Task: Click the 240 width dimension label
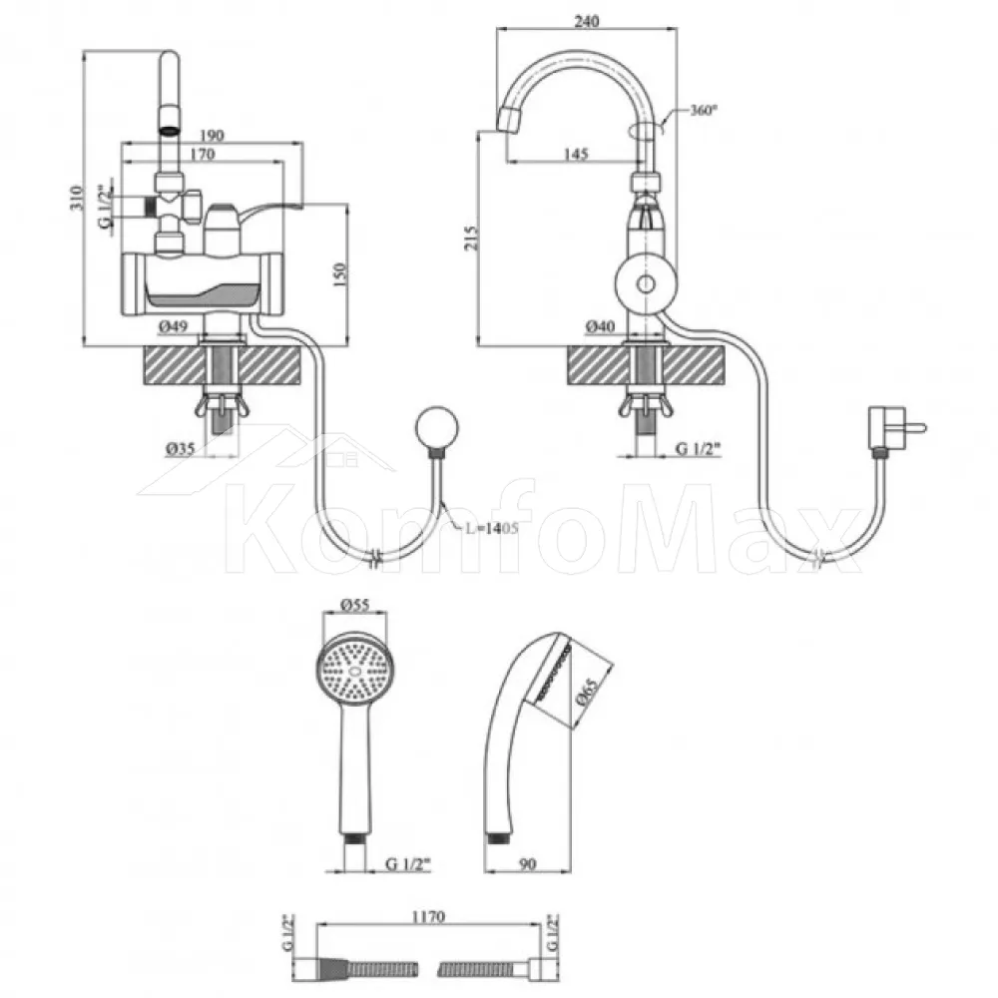click(x=586, y=21)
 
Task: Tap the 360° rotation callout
click(x=704, y=110)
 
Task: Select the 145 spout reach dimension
click(x=576, y=154)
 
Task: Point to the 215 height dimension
click(x=470, y=238)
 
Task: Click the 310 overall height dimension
click(x=77, y=198)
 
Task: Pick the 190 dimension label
click(x=212, y=135)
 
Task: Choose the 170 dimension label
click(x=203, y=154)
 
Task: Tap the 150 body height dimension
click(x=340, y=274)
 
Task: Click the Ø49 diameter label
click(x=173, y=326)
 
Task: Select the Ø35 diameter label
click(x=180, y=449)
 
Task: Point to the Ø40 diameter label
click(x=600, y=326)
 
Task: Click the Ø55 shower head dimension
click(x=354, y=605)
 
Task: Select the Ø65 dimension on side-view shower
click(x=586, y=692)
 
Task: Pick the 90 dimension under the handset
click(x=528, y=863)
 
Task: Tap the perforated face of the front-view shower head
click(x=354, y=671)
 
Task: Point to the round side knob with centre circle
click(x=646, y=283)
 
